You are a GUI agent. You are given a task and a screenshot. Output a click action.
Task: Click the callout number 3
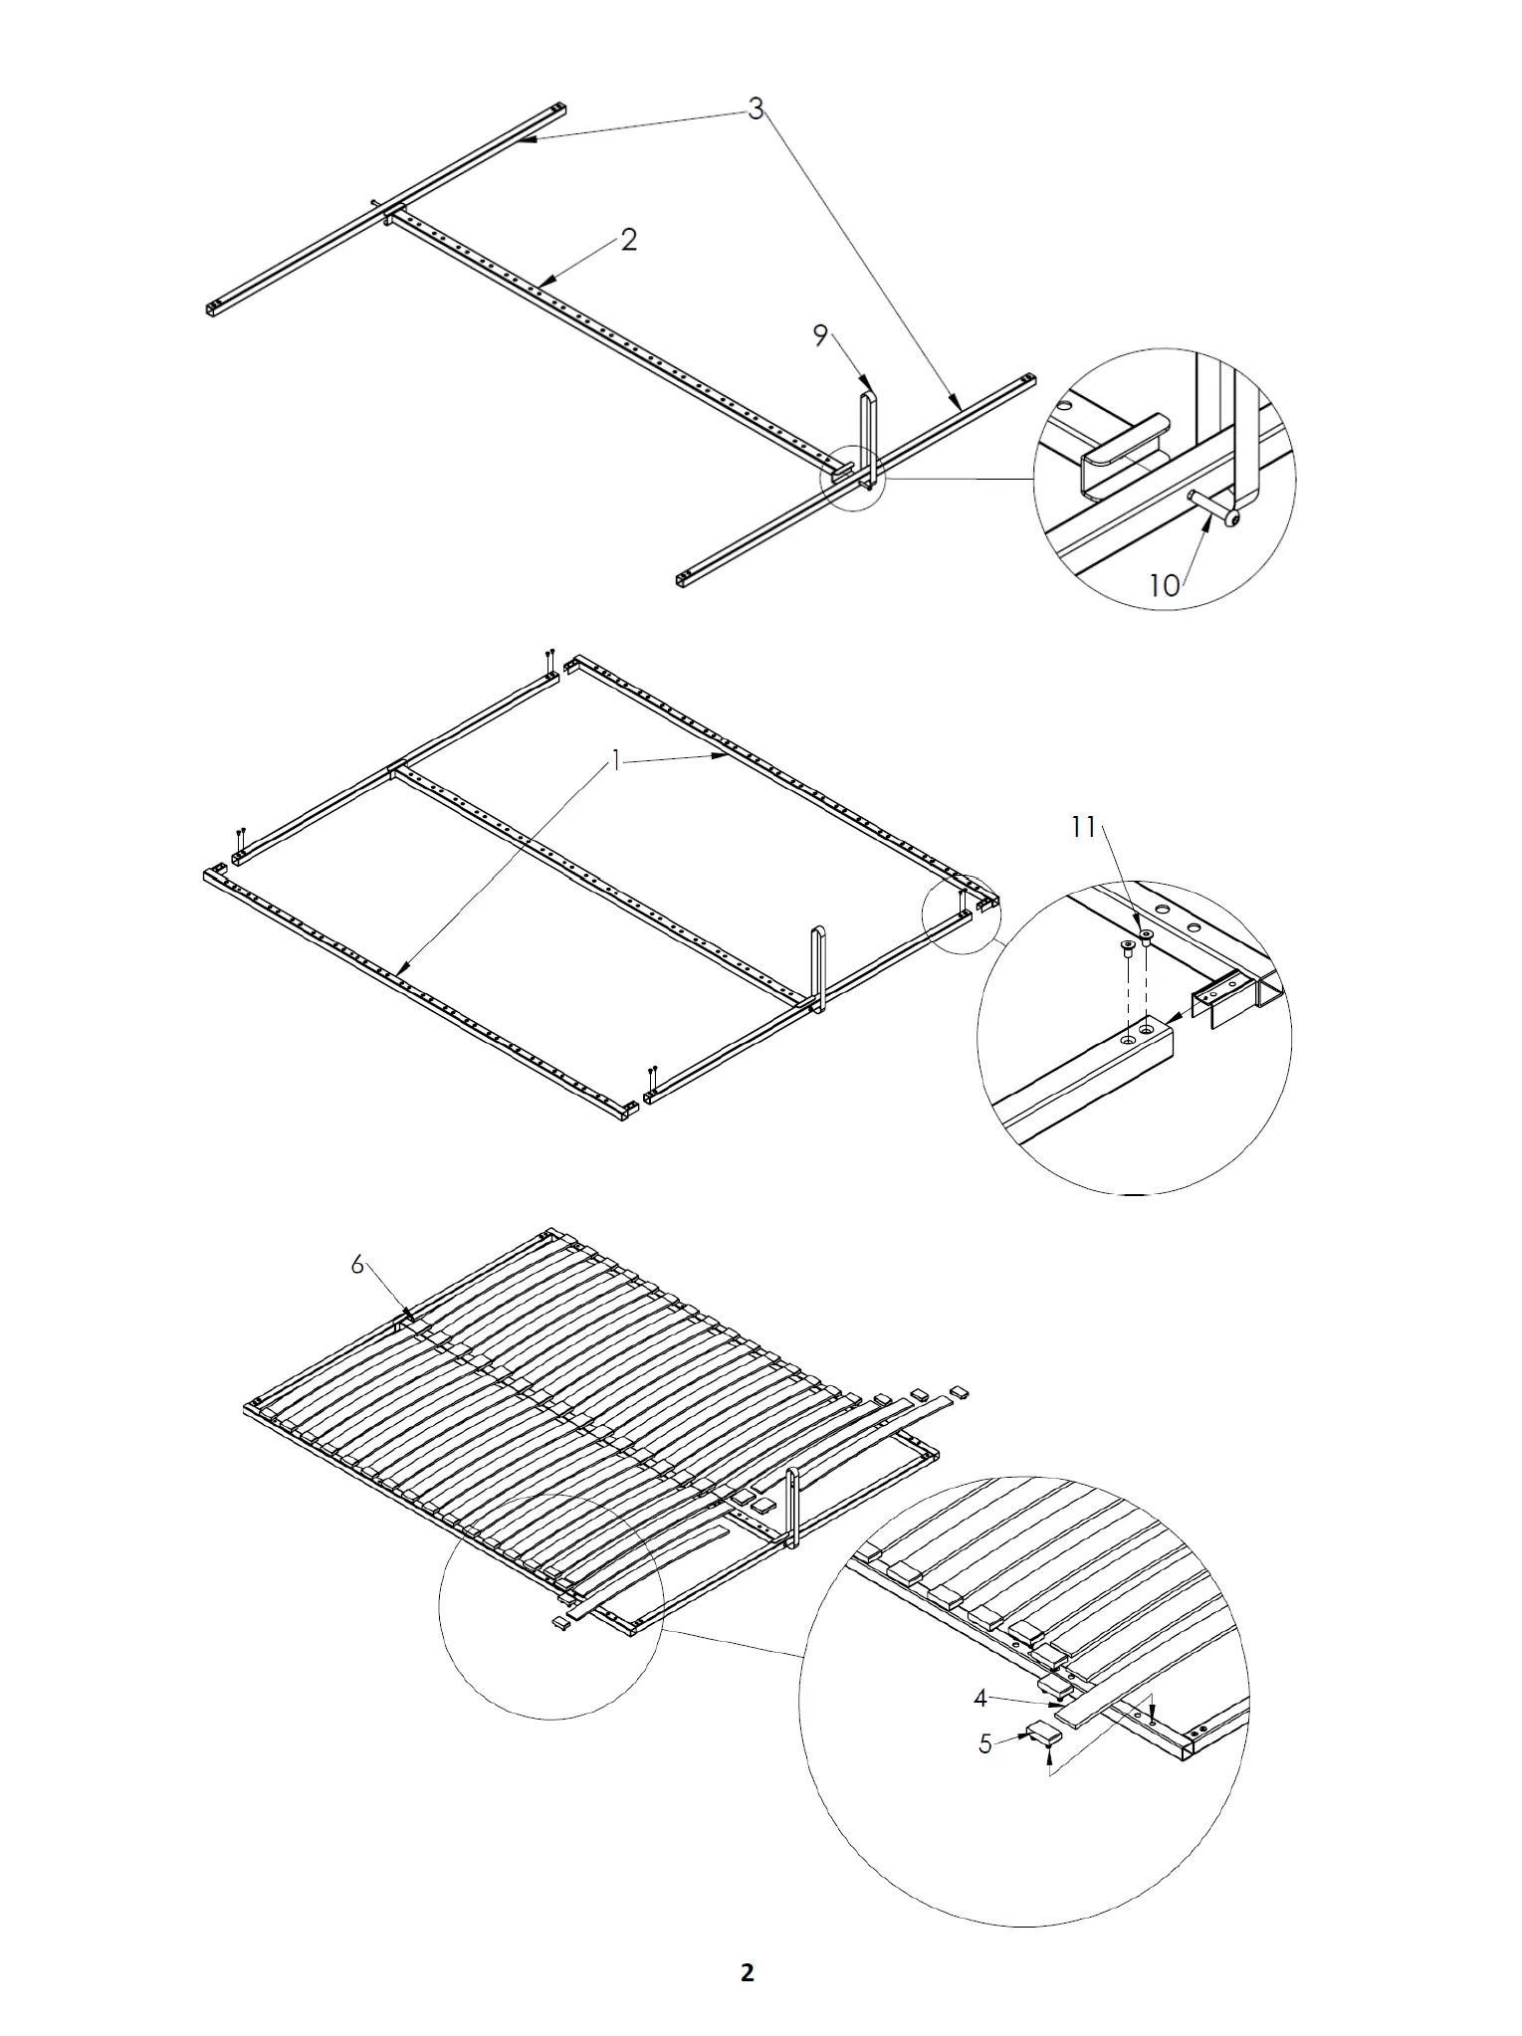pos(756,109)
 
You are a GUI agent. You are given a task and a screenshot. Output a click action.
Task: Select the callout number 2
pos(628,240)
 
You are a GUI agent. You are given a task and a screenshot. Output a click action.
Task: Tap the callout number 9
pos(820,336)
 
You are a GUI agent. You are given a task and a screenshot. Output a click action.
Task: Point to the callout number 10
pos(1164,585)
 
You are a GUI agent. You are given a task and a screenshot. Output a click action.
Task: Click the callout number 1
pos(616,762)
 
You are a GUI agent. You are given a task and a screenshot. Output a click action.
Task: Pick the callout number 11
pos(1083,827)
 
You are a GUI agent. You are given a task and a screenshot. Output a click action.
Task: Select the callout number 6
pos(357,1265)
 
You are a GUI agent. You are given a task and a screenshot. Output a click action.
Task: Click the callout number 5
pos(984,1744)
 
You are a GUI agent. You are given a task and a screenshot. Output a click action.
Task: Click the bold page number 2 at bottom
pos(748,1972)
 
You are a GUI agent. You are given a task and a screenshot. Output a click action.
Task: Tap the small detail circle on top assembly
pos(851,479)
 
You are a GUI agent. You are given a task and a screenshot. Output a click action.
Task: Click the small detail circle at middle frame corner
pos(961,915)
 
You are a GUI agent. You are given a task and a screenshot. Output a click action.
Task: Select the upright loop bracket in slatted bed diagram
pos(792,1508)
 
